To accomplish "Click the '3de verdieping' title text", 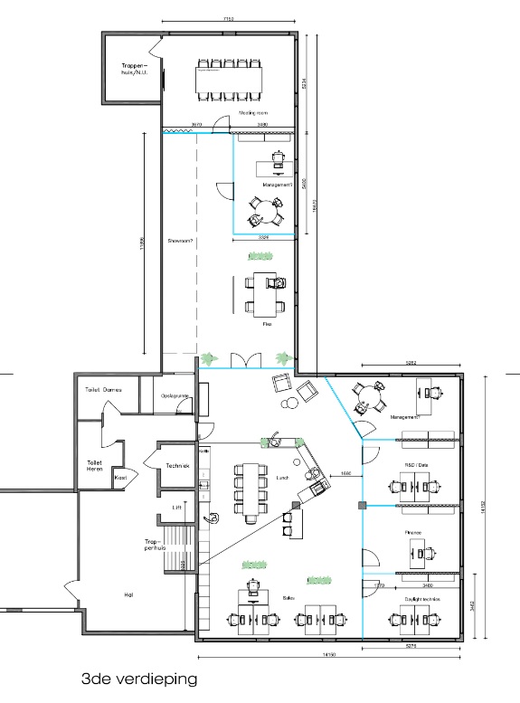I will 137,677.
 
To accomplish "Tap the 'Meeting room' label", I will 252,113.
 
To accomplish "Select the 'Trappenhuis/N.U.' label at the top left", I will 134,70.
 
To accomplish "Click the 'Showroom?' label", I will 182,242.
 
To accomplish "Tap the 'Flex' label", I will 267,322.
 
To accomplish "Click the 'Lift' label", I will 176,508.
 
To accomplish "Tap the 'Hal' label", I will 128,594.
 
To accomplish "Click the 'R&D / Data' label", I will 415,463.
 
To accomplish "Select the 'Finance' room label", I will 415,533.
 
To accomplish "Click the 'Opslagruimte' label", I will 174,395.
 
